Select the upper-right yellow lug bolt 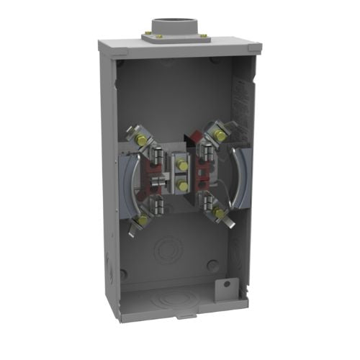(x=215, y=132)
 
